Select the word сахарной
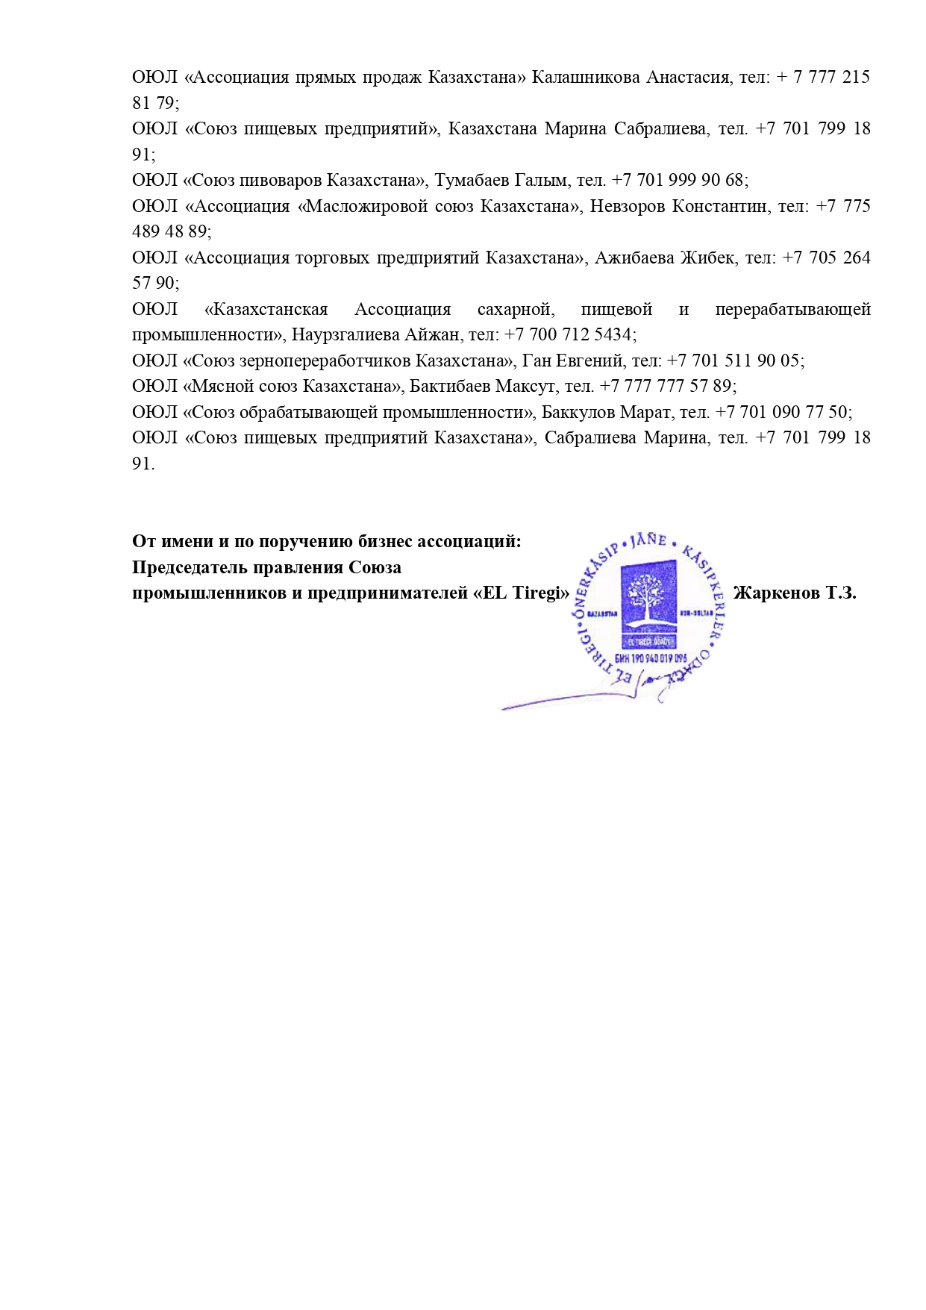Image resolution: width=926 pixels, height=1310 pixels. pyautogui.click(x=516, y=309)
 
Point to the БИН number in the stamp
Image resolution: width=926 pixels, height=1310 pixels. pyautogui.click(x=650, y=658)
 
